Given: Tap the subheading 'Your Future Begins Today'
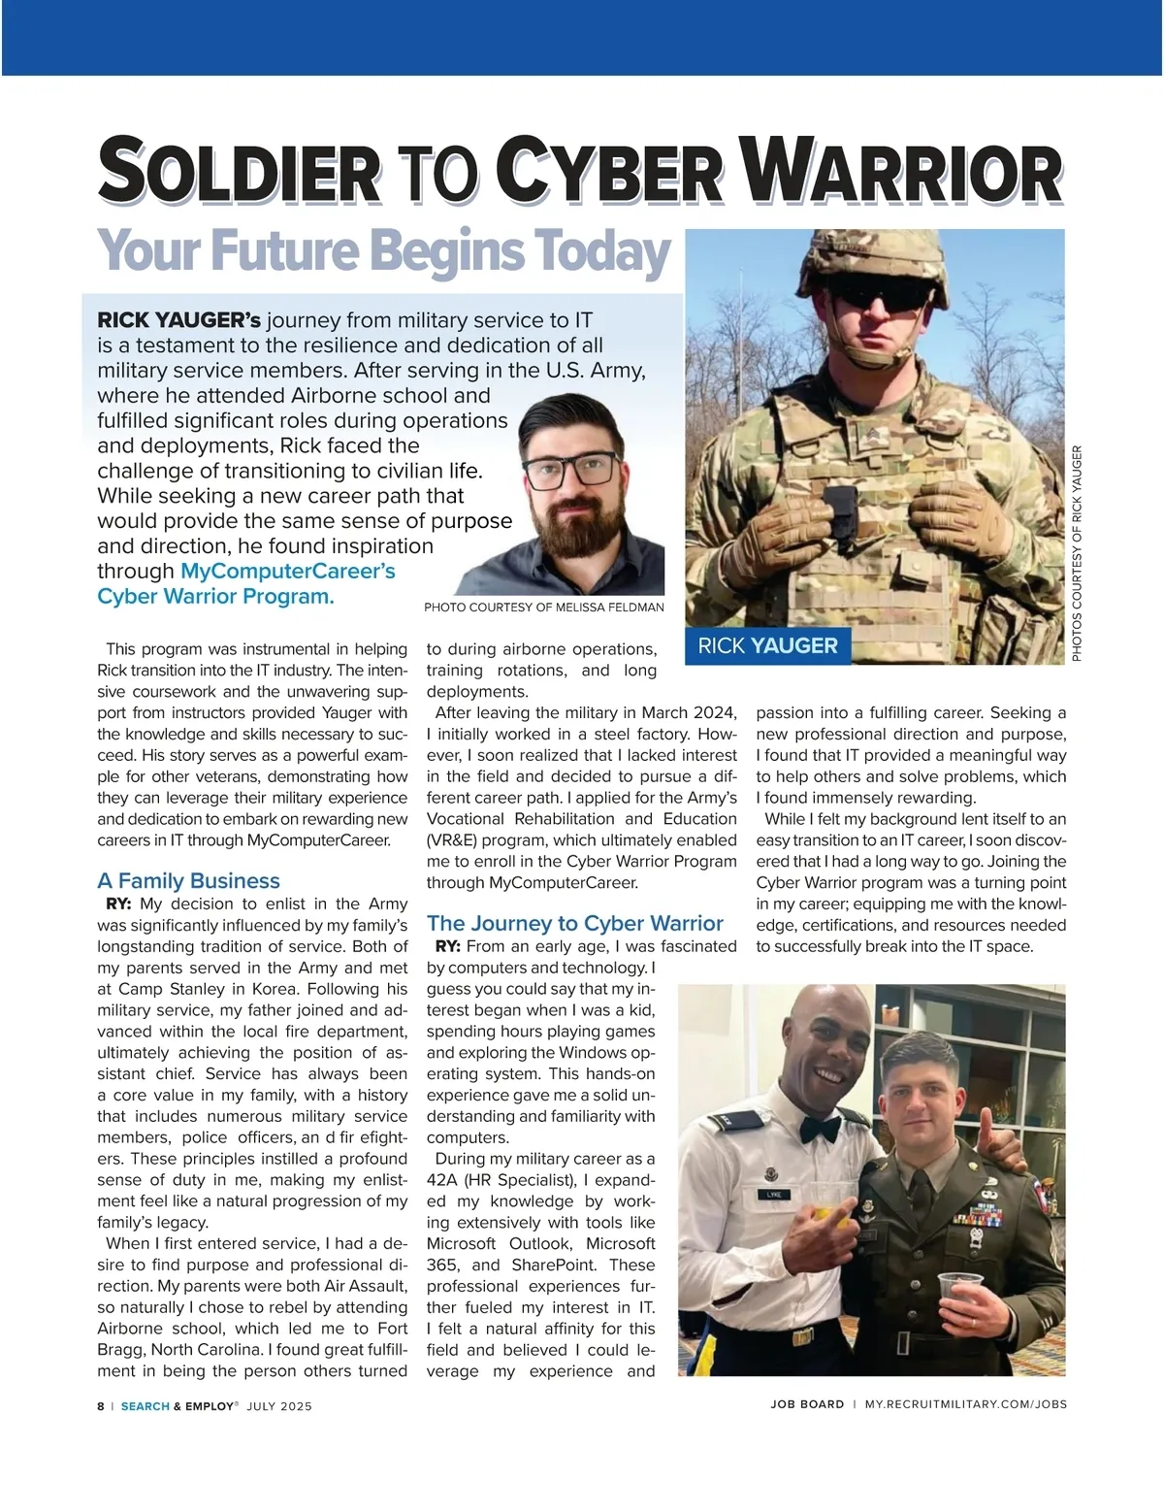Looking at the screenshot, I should [x=384, y=250].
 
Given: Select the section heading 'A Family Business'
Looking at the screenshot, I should [x=188, y=880].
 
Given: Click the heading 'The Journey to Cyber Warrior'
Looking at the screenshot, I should [x=575, y=923].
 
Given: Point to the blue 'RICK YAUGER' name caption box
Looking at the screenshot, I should [x=767, y=646].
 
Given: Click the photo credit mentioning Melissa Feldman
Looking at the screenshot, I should [x=544, y=608].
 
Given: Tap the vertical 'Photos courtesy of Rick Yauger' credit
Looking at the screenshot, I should [x=1077, y=553].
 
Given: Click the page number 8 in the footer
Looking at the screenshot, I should [x=101, y=1405].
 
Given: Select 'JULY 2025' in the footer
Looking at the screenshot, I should [x=279, y=1405].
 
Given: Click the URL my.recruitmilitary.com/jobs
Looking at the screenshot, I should [x=965, y=1404].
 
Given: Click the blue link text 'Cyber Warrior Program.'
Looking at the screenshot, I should [x=215, y=596].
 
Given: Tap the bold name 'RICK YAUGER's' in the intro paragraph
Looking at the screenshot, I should [x=178, y=320].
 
